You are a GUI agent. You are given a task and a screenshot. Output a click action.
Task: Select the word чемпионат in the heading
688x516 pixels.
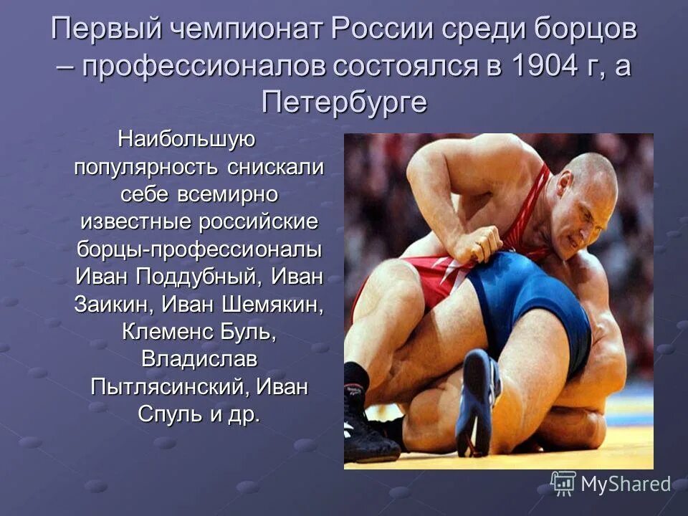(x=244, y=30)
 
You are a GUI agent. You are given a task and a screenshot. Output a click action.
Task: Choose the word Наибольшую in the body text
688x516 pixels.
(x=181, y=137)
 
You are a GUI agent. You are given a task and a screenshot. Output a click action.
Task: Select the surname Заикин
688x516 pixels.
(x=110, y=304)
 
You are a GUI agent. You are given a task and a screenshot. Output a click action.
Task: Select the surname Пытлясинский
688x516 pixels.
(x=169, y=387)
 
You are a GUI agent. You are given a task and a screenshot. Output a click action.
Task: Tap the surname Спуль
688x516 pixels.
(x=168, y=415)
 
